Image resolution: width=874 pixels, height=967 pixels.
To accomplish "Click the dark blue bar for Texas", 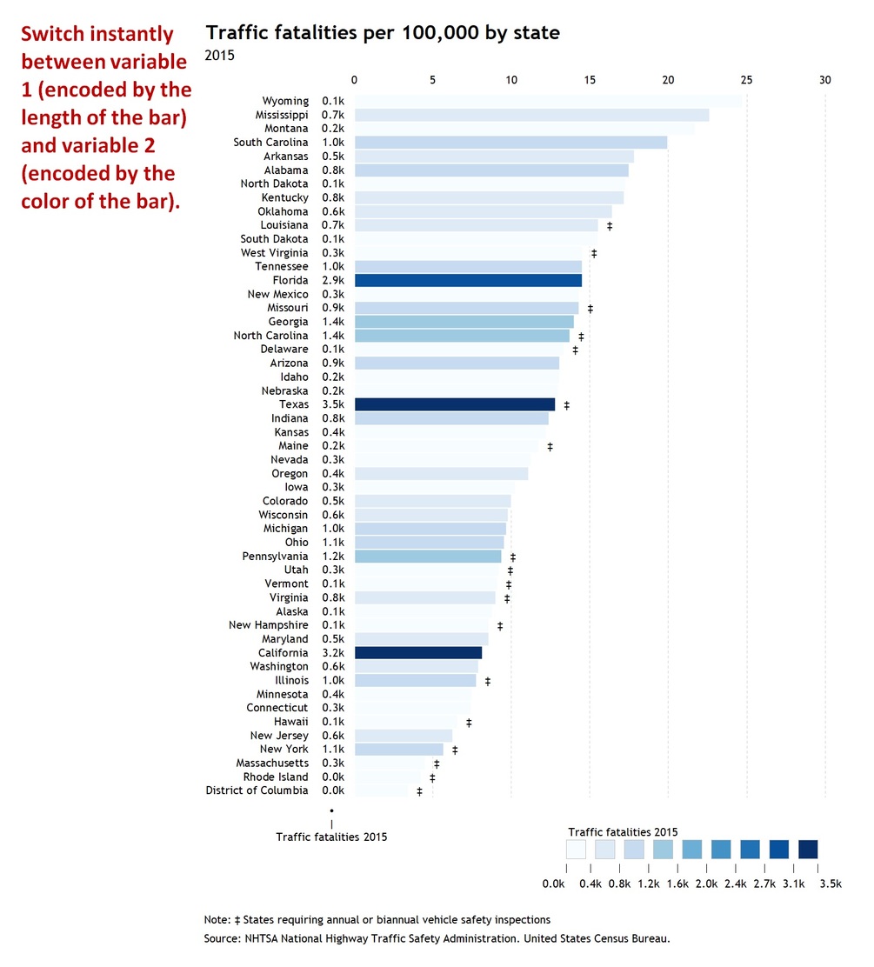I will click(x=454, y=404).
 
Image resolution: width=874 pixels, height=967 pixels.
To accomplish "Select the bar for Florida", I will click(x=468, y=281).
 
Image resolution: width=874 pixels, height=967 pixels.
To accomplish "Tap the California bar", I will click(x=417, y=653).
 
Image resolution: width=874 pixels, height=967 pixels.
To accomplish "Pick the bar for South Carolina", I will click(x=510, y=143).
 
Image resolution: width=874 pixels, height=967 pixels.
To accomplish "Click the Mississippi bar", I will click(x=531, y=115).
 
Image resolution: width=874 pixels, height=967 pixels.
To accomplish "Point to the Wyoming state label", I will click(x=285, y=101).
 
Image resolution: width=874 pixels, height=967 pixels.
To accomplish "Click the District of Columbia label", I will click(x=257, y=790).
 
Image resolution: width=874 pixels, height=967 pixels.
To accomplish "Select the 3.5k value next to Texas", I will click(x=333, y=404).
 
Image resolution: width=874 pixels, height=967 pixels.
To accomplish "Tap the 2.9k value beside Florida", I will click(x=333, y=281).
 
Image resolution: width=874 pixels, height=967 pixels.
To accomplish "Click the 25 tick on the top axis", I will click(x=746, y=80).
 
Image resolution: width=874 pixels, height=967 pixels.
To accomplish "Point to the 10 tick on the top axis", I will click(x=510, y=80).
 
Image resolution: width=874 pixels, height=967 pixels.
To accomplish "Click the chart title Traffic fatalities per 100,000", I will click(x=382, y=33).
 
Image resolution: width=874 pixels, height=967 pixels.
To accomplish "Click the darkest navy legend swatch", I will click(x=808, y=849).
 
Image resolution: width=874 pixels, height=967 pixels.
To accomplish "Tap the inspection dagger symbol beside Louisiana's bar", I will click(x=610, y=226).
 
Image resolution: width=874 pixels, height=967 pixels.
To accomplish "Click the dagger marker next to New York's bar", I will click(x=454, y=750).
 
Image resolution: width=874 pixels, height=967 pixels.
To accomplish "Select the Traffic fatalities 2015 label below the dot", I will click(x=331, y=837).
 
